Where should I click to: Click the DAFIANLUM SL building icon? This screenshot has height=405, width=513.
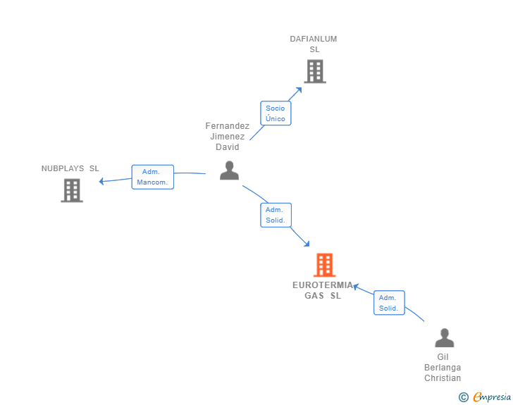click(315, 71)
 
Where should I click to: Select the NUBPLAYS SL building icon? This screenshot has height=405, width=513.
click(72, 190)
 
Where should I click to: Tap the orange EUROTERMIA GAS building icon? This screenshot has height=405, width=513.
click(325, 265)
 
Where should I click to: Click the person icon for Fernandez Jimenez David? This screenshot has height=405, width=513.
click(229, 170)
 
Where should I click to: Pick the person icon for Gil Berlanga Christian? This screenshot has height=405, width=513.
click(444, 337)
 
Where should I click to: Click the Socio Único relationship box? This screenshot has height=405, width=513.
click(276, 113)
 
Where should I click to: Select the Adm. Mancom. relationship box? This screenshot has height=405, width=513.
click(152, 177)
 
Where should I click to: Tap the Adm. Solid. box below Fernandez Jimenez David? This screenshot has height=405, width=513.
click(276, 215)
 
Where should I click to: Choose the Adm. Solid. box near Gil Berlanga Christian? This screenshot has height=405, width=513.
click(389, 303)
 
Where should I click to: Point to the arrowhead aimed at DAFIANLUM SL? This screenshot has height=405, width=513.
click(299, 90)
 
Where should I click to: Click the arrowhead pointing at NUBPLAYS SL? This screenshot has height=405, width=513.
click(101, 181)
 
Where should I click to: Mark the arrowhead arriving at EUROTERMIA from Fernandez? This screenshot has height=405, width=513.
click(307, 244)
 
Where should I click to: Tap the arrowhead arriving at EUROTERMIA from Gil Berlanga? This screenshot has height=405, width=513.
click(357, 287)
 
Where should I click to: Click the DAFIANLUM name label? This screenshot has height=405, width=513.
click(314, 39)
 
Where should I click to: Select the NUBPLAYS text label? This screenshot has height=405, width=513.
click(63, 168)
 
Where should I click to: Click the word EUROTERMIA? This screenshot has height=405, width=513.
click(323, 285)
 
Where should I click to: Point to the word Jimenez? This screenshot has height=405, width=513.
click(228, 137)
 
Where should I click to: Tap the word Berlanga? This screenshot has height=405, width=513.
click(443, 368)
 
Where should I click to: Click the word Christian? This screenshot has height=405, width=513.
click(443, 378)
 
